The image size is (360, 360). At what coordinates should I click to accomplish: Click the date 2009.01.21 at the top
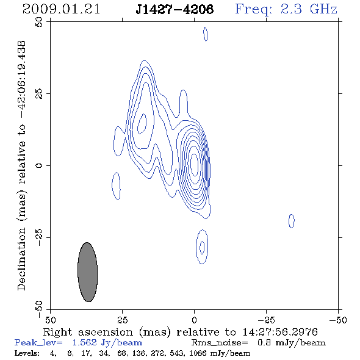coord(61,9)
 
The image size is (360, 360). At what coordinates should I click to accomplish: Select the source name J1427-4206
coord(175,9)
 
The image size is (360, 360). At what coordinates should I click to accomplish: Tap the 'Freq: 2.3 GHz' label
coord(286,9)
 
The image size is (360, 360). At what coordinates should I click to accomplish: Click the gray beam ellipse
coord(87,272)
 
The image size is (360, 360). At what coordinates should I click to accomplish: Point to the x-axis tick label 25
coord(122,320)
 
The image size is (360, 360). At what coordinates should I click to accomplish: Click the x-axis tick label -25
coord(266,320)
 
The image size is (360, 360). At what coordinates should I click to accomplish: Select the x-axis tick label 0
coord(194,320)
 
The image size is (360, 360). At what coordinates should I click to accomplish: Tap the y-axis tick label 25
coord(39,94)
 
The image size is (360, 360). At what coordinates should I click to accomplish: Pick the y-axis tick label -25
coord(39,237)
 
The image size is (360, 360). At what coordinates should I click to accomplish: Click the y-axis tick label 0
coord(39,165)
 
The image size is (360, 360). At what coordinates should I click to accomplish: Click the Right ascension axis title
coord(181,332)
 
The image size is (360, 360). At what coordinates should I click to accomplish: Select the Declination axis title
coord(21,165)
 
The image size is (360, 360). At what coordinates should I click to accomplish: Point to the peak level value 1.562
coord(84,343)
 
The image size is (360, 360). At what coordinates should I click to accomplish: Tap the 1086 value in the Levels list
coord(198,353)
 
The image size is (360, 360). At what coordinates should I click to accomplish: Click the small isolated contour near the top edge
coord(206,34)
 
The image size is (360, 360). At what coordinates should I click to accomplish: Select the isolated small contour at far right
coord(291,221)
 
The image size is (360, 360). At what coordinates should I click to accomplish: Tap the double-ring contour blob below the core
coord(196,247)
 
